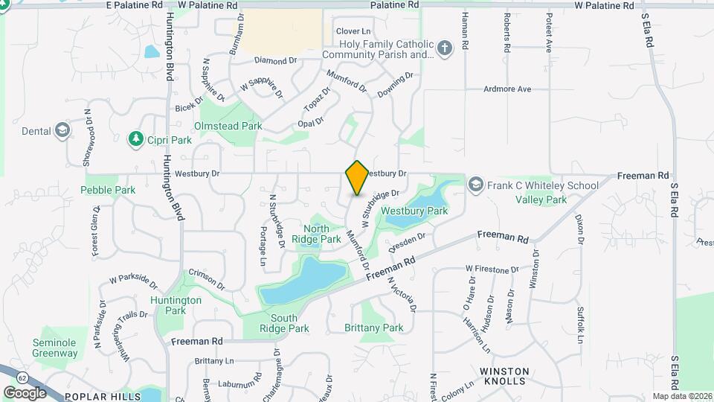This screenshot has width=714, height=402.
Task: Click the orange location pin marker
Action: (357, 178)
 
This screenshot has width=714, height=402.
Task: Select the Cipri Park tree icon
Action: (136, 138)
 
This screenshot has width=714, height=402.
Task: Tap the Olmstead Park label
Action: (228, 127)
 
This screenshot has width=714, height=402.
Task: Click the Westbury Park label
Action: (414, 211)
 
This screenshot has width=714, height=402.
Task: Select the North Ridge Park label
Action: (316, 234)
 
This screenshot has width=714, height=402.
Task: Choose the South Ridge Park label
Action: (286, 323)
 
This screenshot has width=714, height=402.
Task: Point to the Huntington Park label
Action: (176, 305)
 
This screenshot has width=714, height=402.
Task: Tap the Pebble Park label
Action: (109, 190)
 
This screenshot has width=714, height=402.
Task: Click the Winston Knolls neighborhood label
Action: (504, 376)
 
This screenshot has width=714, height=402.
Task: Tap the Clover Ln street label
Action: (353, 31)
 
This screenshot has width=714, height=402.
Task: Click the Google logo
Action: (25, 392)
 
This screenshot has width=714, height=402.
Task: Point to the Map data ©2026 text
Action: (681, 396)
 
